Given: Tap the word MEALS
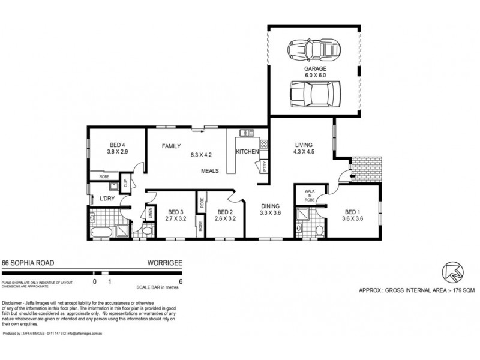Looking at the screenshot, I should (210, 171).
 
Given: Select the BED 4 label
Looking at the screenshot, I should (117, 143).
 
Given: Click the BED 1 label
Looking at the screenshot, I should (353, 211).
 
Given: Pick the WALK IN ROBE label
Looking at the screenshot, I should (302, 196).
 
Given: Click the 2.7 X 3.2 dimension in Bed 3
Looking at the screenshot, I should (175, 218).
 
